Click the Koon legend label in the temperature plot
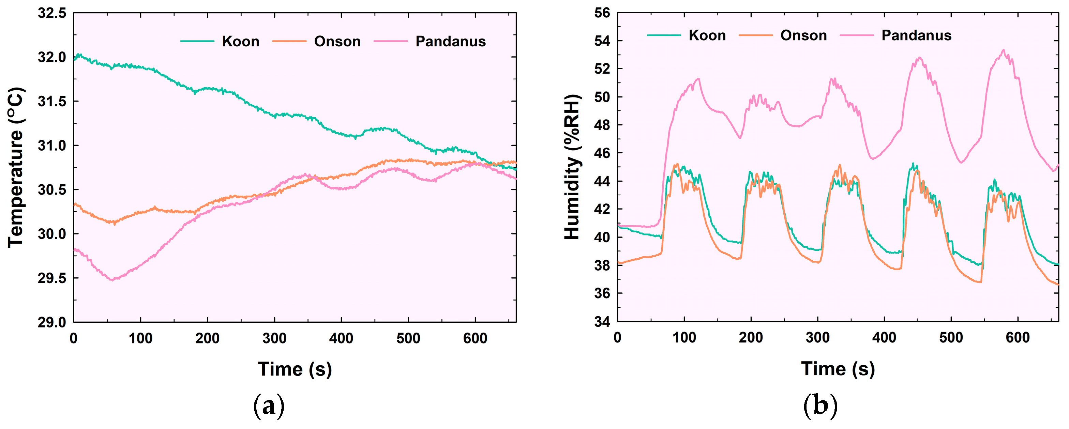tap(240, 42)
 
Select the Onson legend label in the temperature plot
tap(337, 42)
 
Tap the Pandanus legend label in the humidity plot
tap(916, 36)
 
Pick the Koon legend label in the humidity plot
tap(707, 36)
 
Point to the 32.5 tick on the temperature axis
tap(52, 13)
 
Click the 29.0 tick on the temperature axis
tap(52, 322)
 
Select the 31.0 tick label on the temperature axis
tap(52, 145)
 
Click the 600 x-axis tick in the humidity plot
tap(1017, 337)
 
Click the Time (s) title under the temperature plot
tap(295, 369)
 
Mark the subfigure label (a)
tap(269, 405)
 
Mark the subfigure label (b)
tap(820, 405)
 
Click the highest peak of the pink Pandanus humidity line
tap(1004, 50)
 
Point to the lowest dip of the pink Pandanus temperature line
tap(112, 280)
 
